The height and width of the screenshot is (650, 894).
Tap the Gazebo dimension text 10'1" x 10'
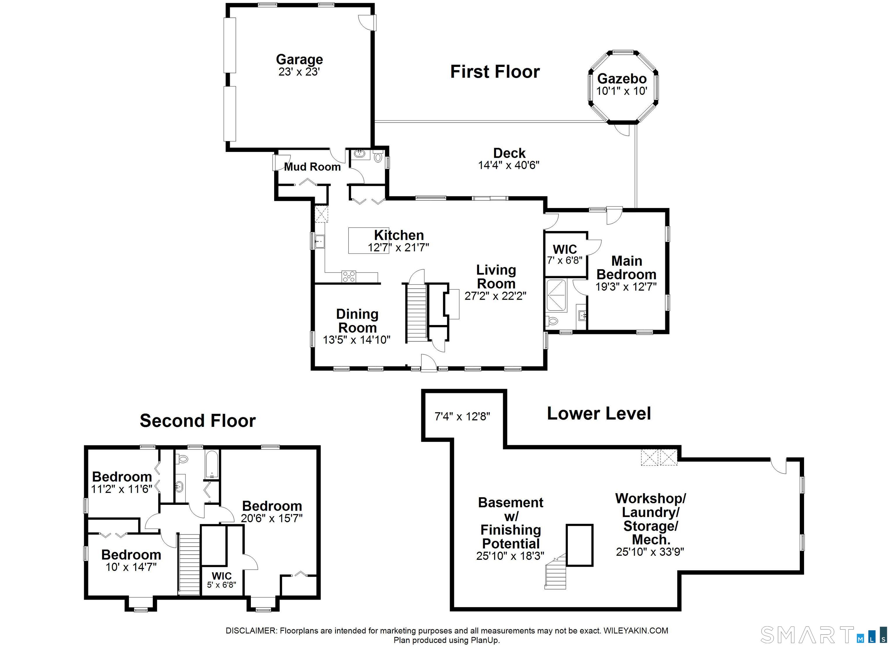tap(622, 91)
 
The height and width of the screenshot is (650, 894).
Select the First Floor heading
tap(495, 72)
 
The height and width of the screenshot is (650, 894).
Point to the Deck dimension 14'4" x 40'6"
tap(508, 165)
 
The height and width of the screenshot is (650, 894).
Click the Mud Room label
tap(312, 167)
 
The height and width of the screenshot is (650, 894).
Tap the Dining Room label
tap(357, 320)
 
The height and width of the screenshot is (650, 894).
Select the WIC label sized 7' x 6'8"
tap(565, 250)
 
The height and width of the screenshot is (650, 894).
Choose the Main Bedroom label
tap(626, 267)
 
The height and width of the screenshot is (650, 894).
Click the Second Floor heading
tap(198, 421)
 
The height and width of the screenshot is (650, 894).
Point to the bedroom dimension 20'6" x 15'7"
tap(272, 518)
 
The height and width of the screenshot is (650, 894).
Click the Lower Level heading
tap(599, 413)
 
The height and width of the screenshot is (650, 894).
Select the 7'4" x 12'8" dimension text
tap(462, 416)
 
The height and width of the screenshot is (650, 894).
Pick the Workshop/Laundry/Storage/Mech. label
tap(650, 519)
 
